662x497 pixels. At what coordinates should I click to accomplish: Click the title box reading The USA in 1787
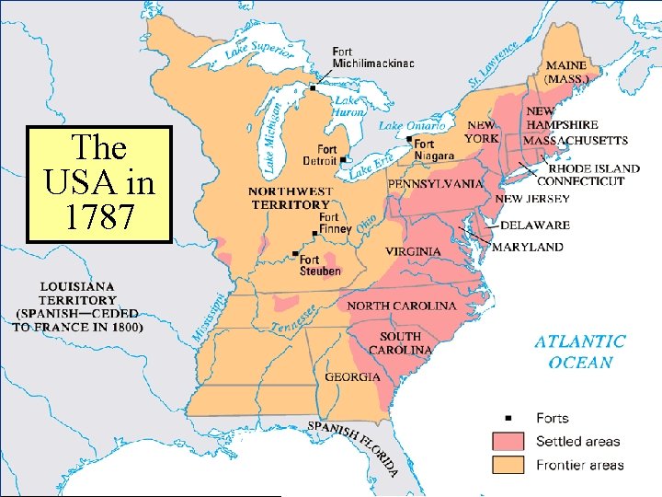click(x=99, y=183)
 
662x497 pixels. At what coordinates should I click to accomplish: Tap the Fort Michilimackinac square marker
click(x=313, y=87)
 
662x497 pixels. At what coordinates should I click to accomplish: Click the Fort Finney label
click(x=329, y=223)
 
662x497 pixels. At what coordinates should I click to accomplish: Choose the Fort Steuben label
click(x=320, y=264)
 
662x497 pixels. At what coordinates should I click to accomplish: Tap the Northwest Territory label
click(x=290, y=198)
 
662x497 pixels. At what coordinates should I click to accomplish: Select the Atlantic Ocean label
click(x=580, y=352)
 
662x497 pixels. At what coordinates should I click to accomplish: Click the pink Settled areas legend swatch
click(x=507, y=442)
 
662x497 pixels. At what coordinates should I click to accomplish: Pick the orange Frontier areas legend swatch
click(x=507, y=465)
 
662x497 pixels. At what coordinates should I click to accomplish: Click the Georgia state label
click(x=352, y=377)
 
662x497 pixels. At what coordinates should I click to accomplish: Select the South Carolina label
click(x=400, y=343)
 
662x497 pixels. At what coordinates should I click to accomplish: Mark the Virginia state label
click(x=412, y=251)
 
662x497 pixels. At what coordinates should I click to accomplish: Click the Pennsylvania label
click(x=435, y=184)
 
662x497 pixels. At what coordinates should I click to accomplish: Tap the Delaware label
click(x=535, y=225)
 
